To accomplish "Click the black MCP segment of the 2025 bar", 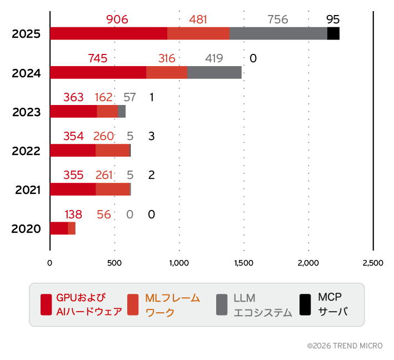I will tap(333, 33).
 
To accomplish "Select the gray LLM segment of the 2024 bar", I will tap(215, 72).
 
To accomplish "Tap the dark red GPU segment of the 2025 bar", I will tap(108, 33).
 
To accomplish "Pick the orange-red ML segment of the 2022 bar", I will tap(112, 150).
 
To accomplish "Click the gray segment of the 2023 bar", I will tap(122, 111).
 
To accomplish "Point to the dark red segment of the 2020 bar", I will tap(59, 228).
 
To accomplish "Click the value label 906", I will tap(117, 19).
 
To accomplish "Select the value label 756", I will tap(278, 19).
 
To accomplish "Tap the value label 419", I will tap(214, 58).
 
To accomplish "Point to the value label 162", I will tap(104, 98).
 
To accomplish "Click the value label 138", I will tap(74, 214).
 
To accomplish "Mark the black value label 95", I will tap(333, 19).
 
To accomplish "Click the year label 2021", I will tap(27, 190).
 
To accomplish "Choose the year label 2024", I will tap(27, 73).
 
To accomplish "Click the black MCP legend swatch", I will tap(305, 304).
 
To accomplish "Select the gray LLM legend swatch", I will tap(221, 304).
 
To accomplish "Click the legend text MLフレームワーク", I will tap(172, 305).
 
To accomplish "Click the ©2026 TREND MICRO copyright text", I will tap(345, 346).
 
